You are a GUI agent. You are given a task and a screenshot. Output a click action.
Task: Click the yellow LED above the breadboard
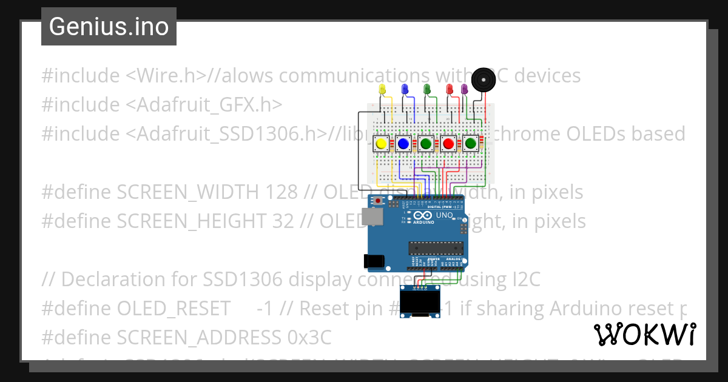point(382,89)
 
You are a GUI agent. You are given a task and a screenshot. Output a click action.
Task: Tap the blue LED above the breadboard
point(405,89)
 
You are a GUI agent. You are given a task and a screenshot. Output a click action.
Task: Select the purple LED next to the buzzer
point(465,89)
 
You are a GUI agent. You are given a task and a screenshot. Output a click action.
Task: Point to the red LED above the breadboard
point(450,89)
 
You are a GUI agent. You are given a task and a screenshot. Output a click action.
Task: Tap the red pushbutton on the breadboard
point(448,144)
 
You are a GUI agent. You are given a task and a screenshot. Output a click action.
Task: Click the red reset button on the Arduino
point(379,200)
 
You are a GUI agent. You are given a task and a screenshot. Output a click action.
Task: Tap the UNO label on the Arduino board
point(445,215)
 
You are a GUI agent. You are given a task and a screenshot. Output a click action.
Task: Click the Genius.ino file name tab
point(109,27)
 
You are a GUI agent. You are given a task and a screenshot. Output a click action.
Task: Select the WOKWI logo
point(645,334)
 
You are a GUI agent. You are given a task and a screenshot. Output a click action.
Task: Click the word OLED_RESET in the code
point(173,308)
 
